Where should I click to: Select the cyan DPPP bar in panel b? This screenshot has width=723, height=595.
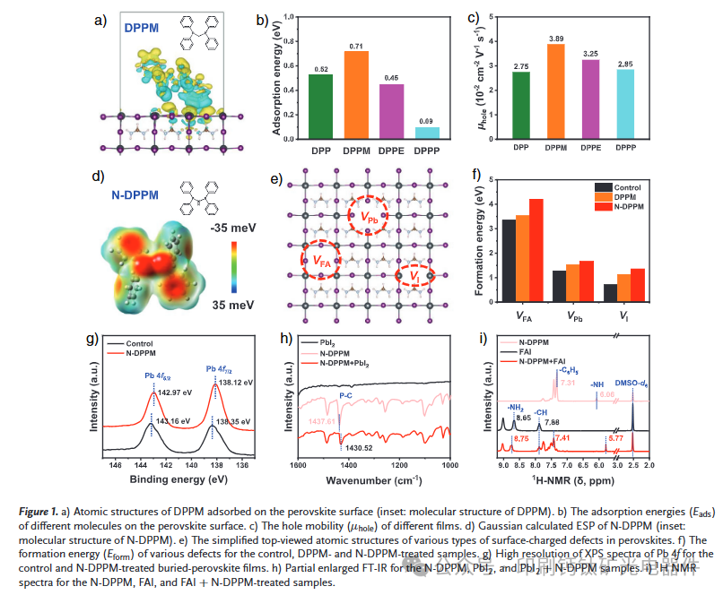[427, 132]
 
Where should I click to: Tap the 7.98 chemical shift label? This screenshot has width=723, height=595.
[552, 421]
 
